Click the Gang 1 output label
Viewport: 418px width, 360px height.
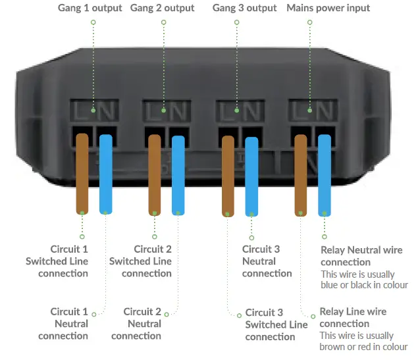(x=90, y=8)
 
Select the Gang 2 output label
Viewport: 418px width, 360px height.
(x=163, y=8)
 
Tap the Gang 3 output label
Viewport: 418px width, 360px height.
(x=244, y=8)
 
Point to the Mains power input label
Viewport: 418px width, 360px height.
(x=328, y=8)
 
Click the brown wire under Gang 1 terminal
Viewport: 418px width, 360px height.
(x=82, y=174)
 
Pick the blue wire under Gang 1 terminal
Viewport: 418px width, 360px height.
(x=105, y=174)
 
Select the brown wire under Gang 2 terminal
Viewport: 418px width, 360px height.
(x=155, y=175)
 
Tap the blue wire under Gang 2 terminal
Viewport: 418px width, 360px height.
(x=178, y=175)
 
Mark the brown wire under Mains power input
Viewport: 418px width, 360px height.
(x=301, y=174)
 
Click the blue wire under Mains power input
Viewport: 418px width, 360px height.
(x=324, y=174)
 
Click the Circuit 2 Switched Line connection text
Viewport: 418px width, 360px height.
(x=141, y=261)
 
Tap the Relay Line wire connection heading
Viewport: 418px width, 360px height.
(x=353, y=317)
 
